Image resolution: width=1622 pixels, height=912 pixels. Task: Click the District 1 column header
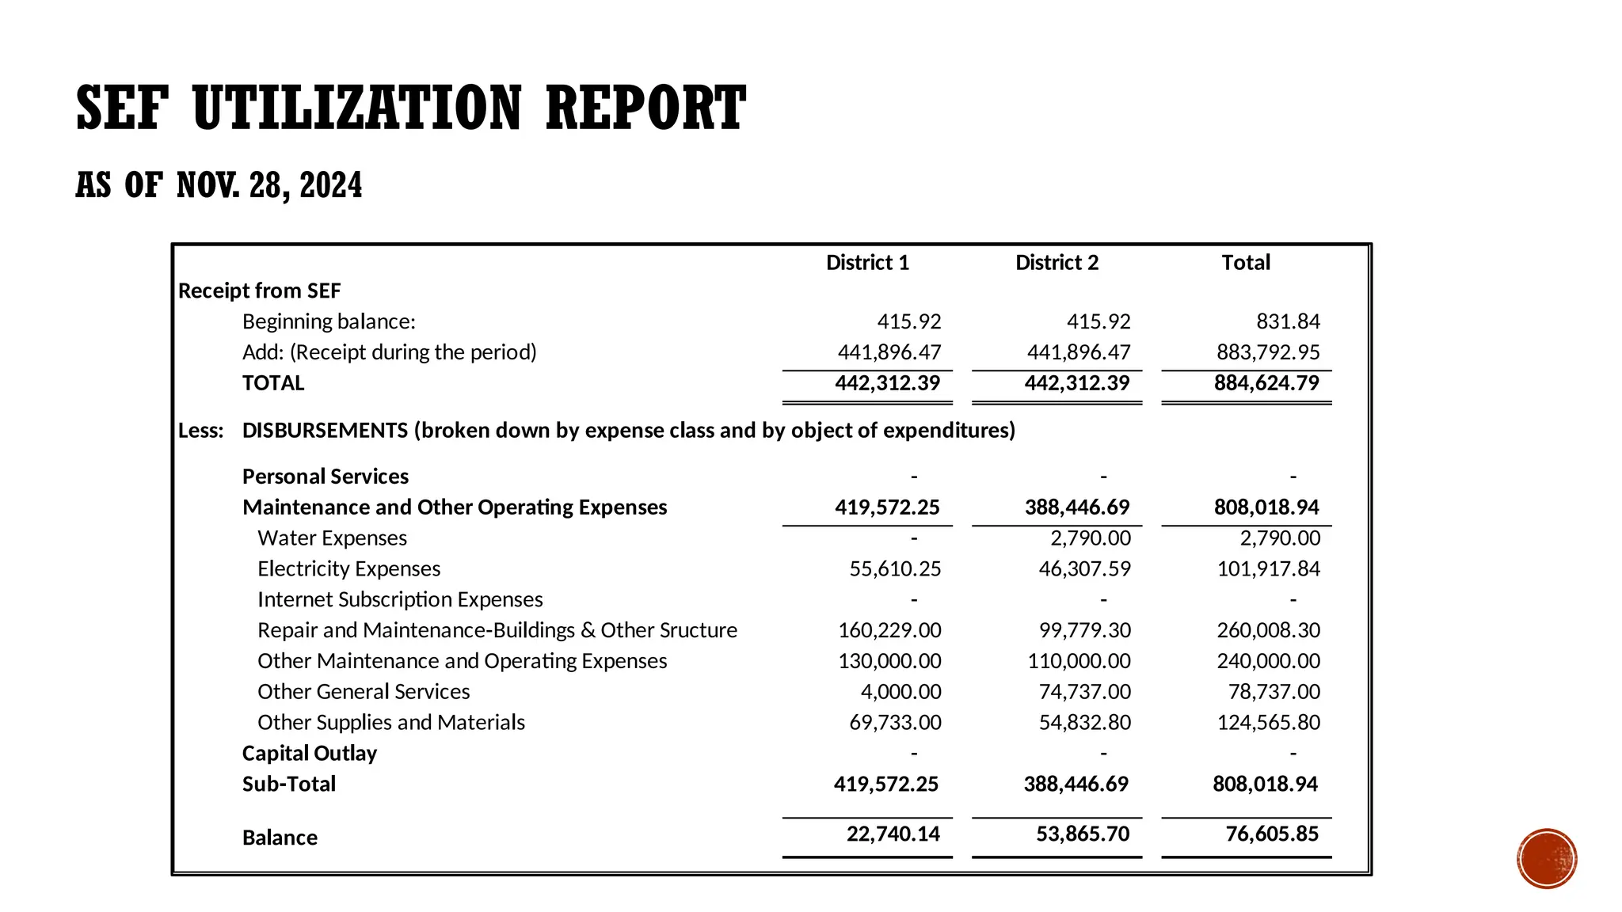coord(867,263)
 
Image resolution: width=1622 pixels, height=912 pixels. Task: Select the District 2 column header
coord(1057,263)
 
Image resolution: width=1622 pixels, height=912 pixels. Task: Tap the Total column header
coord(1245,263)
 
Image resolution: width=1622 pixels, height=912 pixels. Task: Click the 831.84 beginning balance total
coord(1288,321)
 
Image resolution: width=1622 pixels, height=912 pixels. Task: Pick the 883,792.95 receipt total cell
coord(1268,352)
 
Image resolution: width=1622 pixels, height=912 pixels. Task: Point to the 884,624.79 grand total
coord(1266,383)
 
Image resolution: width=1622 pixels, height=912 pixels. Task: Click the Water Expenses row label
coord(332,538)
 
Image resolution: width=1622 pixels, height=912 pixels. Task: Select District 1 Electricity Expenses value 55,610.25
coord(895,569)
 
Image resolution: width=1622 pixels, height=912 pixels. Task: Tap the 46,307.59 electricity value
coord(1084,569)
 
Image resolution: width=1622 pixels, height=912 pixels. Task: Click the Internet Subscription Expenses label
coord(400,600)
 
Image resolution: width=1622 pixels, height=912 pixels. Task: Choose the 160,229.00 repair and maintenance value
coord(889,630)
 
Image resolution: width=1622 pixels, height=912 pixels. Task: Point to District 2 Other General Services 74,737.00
coord(1084,692)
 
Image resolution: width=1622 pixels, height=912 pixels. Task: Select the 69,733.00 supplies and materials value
coord(895,723)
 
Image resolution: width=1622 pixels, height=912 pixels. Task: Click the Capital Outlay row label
coord(309,754)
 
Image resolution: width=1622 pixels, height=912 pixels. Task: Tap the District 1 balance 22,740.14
coord(893,834)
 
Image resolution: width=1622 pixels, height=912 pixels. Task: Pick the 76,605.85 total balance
coord(1272,834)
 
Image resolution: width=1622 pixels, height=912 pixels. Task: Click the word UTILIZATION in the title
coord(357,108)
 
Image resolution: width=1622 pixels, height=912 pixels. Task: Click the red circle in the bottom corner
coord(1547,859)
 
